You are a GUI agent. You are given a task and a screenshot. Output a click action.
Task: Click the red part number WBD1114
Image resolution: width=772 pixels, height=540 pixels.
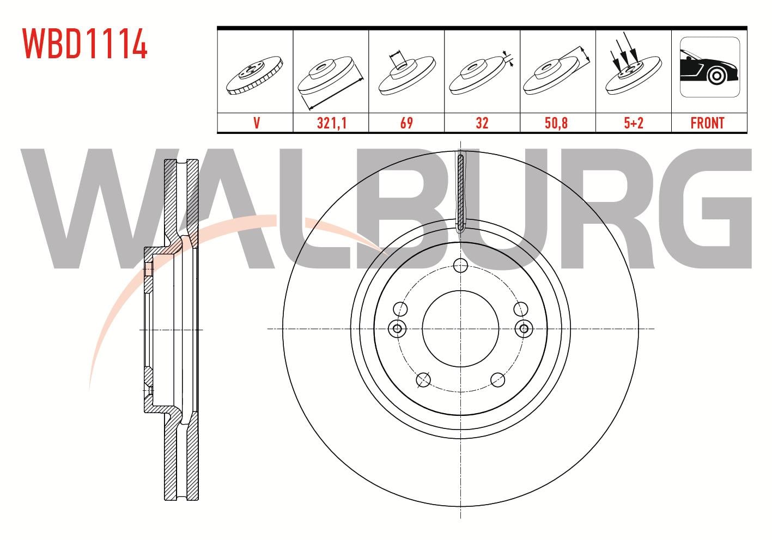click(x=85, y=44)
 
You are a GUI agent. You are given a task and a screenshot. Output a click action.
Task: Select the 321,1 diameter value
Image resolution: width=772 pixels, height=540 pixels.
click(x=332, y=123)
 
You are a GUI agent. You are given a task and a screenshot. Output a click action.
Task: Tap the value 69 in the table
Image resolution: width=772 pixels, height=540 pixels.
click(x=406, y=123)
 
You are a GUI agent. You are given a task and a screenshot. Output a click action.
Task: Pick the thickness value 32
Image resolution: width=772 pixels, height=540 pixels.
click(x=482, y=123)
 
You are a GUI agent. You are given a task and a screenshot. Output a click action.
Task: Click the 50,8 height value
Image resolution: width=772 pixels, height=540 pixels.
click(x=556, y=123)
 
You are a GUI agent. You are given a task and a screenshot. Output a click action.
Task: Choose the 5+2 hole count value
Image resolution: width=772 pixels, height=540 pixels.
click(x=634, y=123)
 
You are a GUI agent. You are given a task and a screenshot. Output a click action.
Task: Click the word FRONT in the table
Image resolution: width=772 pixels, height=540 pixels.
click(x=707, y=123)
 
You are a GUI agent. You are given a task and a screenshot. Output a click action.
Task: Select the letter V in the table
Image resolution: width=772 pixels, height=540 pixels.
click(x=257, y=123)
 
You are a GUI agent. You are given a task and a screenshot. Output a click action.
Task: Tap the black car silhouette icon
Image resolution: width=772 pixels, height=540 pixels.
click(x=709, y=67)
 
